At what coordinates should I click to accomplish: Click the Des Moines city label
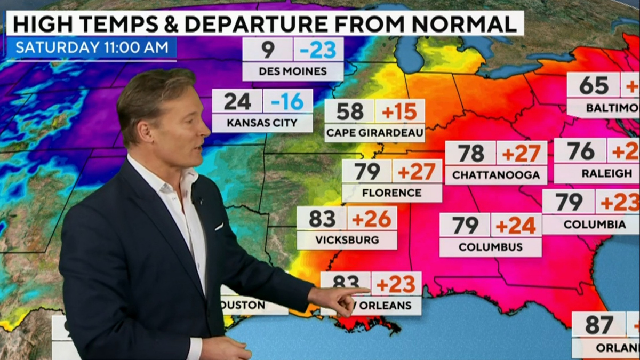pos(293,71)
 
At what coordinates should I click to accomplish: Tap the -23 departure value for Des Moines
pos(318,50)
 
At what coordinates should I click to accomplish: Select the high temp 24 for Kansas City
pos(237,101)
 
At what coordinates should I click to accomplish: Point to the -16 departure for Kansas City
pos(287,101)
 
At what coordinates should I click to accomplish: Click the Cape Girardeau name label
pos(374,132)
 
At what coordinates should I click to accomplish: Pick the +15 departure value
pos(399,111)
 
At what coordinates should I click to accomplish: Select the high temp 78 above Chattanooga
pos(470,153)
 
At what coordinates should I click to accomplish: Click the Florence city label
pos(392,192)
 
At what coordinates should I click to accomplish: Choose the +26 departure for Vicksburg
pos(372,218)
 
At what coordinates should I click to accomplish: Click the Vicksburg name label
pos(347,239)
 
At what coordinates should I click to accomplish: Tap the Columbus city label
pos(491,247)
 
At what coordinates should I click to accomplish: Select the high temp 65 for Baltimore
pos(593,85)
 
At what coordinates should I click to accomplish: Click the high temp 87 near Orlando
pos(598,324)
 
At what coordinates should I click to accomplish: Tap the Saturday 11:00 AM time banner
pos(92,47)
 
